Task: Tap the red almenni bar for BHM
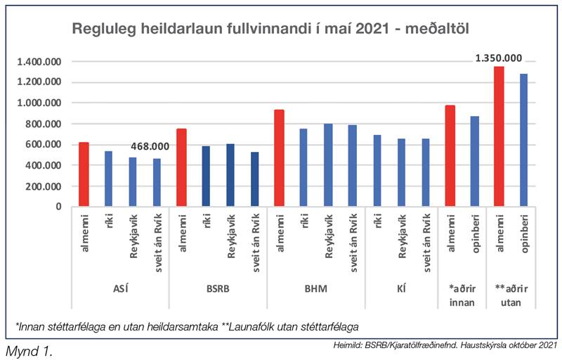279,158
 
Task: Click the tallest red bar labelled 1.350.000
499,136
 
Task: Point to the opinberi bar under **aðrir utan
523,140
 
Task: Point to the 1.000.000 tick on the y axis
38,103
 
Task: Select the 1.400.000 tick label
38,62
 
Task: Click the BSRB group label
218,288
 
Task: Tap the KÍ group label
401,288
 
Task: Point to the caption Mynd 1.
29,349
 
